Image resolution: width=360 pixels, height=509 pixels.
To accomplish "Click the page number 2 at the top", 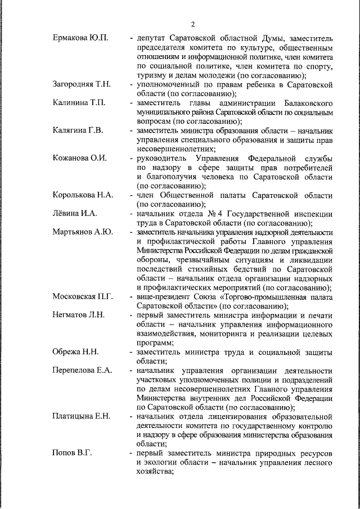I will click(192, 24).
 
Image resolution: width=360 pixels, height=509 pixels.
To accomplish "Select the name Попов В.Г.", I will click(72, 453).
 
